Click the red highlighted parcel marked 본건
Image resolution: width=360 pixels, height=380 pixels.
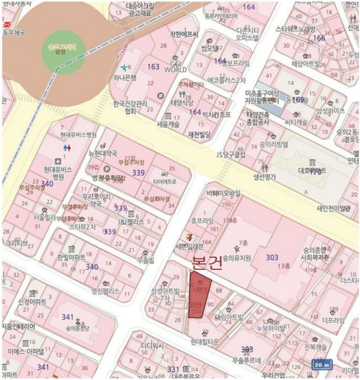tap(197, 296)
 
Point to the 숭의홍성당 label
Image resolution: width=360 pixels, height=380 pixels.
tap(78, 328)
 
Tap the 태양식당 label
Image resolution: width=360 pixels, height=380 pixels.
tap(182, 102)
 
